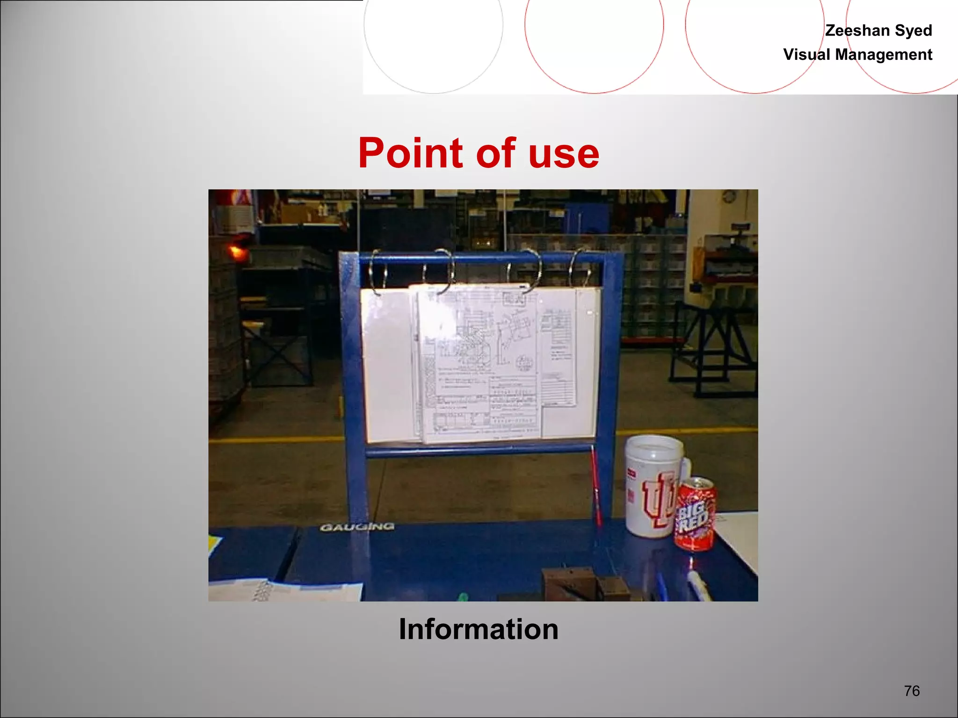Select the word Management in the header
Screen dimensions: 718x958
(x=884, y=55)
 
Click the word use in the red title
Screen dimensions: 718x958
(x=564, y=154)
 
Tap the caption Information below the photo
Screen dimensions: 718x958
(x=479, y=629)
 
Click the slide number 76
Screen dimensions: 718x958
(x=912, y=690)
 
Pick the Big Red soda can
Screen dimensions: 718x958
(x=695, y=514)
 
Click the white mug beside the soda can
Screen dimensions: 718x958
(x=653, y=486)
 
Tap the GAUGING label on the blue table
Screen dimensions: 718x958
(x=357, y=527)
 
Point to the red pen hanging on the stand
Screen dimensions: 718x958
(x=595, y=486)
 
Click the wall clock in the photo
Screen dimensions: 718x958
(x=728, y=196)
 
